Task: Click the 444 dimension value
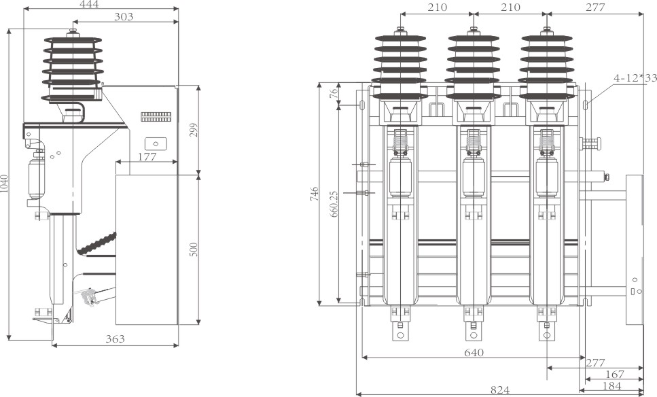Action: pos(89,5)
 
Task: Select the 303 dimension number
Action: pos(123,16)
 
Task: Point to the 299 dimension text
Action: pos(193,130)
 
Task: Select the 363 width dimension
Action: pos(115,339)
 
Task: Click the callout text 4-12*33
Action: pos(635,78)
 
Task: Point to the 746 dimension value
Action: pos(313,196)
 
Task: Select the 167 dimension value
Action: pos(614,375)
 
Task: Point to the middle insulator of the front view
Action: pos(474,65)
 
